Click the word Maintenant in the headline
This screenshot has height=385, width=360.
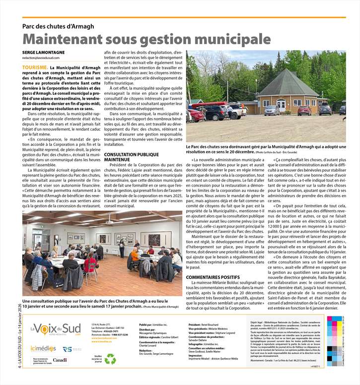[67, 39]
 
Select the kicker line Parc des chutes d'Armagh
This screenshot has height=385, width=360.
[58, 26]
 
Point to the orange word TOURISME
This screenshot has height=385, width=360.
[35, 66]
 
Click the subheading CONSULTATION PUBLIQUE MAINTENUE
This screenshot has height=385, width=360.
[131, 157]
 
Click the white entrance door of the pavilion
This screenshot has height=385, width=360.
[282, 106]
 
